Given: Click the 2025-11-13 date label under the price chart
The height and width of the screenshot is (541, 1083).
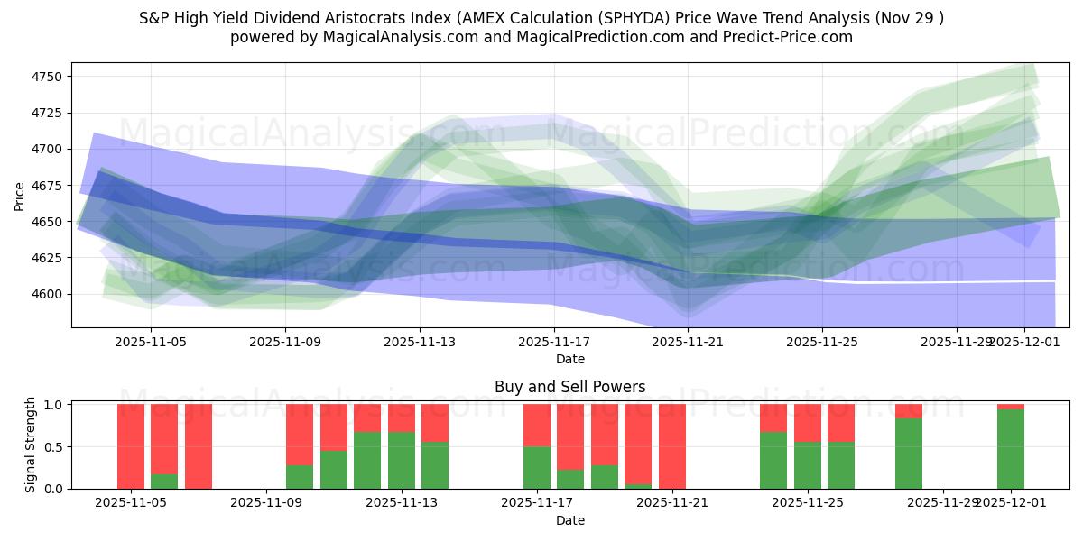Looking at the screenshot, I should pyautogui.click(x=419, y=343).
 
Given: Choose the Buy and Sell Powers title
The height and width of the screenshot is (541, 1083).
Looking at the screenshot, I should pyautogui.click(x=569, y=387).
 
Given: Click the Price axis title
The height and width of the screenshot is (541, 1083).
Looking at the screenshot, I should pyautogui.click(x=20, y=195).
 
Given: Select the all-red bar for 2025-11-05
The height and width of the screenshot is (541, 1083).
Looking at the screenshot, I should pyautogui.click(x=131, y=446).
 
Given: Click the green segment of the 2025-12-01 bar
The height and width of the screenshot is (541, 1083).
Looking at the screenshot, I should pyautogui.click(x=1011, y=449).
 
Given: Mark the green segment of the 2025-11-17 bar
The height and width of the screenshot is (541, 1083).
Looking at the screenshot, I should pyautogui.click(x=537, y=467).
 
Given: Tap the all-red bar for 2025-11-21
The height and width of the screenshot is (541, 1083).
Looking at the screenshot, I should pyautogui.click(x=672, y=446).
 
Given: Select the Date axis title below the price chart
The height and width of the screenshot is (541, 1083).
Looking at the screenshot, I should pyautogui.click(x=569, y=359).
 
